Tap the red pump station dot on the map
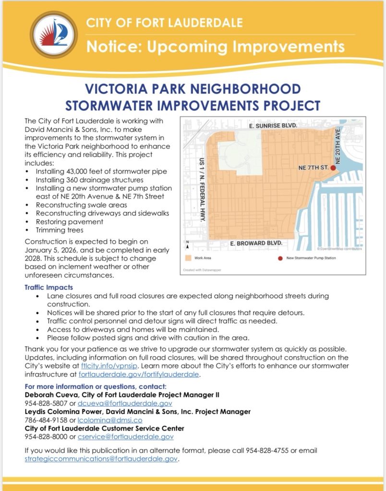point(333,168)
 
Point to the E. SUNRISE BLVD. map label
point(273,125)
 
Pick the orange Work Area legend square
point(188,258)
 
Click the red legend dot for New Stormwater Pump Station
point(280,258)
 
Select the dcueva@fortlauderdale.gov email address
point(125,403)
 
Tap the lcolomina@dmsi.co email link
point(99,420)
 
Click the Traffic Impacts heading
point(48,287)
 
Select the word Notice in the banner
point(109,47)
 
